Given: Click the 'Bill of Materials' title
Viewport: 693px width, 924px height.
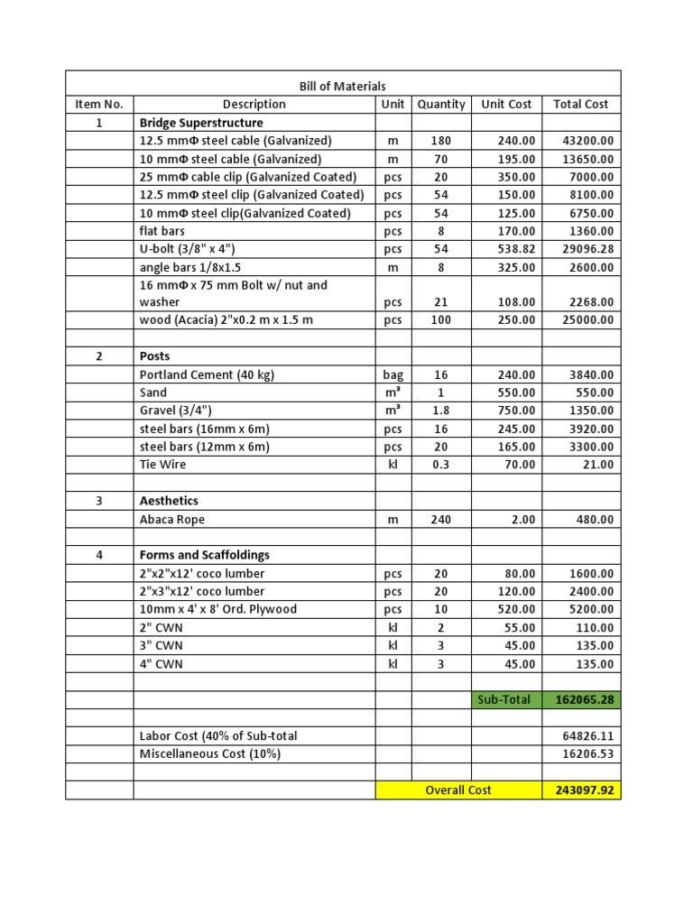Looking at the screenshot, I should tap(342, 87).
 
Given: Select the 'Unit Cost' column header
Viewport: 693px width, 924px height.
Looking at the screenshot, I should tap(506, 105).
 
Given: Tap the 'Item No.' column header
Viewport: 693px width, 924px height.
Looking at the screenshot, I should tap(99, 105).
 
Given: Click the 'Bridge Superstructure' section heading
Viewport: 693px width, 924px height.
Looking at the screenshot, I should tap(201, 123).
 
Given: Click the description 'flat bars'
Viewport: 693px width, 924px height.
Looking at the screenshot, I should tap(162, 231).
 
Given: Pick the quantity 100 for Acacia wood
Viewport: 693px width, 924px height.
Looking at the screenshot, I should tap(441, 320).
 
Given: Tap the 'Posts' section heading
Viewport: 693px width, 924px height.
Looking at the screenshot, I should tap(154, 356).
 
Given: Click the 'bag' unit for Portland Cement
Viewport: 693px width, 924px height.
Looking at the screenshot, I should tap(393, 374).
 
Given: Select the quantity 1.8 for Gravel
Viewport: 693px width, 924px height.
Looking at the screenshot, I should tap(441, 411).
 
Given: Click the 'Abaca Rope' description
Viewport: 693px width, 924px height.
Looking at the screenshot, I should tap(172, 520).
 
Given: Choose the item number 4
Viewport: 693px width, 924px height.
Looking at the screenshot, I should tap(99, 555).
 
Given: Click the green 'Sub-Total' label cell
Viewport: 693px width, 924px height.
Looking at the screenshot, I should tap(506, 699).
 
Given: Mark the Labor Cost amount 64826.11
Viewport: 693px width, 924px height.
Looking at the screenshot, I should tap(587, 736).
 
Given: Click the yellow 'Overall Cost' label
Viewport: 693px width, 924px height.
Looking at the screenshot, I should tap(458, 790).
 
